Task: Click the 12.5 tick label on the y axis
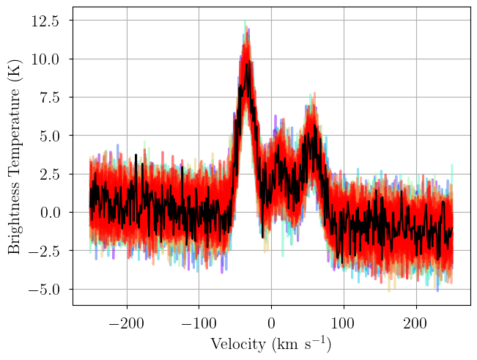45,21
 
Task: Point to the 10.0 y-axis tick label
45,59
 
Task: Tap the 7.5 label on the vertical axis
49,98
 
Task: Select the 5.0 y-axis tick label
49,136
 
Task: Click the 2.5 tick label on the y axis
49,175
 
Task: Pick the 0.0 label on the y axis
49,213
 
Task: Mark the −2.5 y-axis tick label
43,251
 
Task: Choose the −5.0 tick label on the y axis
43,290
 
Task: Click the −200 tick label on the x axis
126,323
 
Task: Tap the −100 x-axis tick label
199,323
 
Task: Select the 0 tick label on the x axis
271,323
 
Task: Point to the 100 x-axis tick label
344,323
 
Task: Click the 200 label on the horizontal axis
416,323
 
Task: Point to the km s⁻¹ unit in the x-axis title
300,345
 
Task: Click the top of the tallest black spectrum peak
249,61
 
